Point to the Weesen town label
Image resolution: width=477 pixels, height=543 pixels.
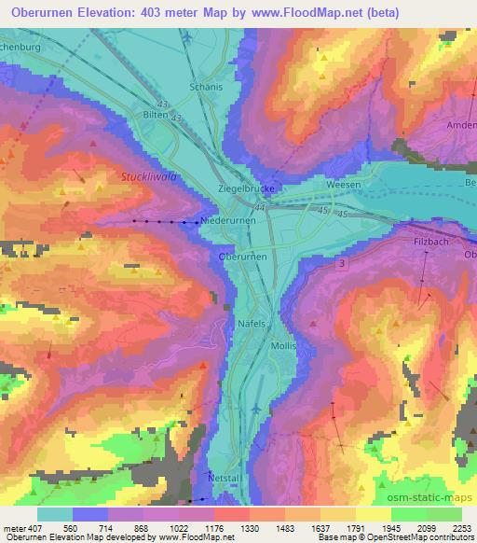point(343,186)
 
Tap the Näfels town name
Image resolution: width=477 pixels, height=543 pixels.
point(246,322)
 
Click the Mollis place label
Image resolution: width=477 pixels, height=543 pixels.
point(283,345)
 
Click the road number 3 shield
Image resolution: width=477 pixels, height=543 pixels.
point(343,267)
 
